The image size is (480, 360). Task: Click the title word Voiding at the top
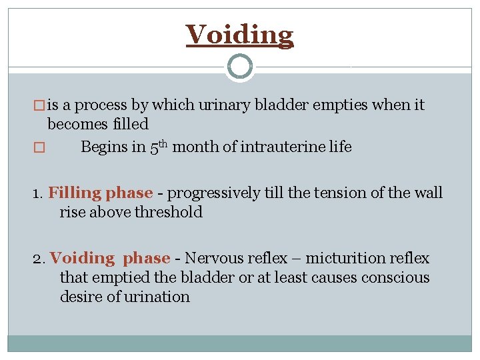click(x=239, y=35)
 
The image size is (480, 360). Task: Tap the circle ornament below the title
click(x=239, y=67)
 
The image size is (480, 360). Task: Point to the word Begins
click(x=104, y=147)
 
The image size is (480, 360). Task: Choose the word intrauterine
click(x=275, y=147)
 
